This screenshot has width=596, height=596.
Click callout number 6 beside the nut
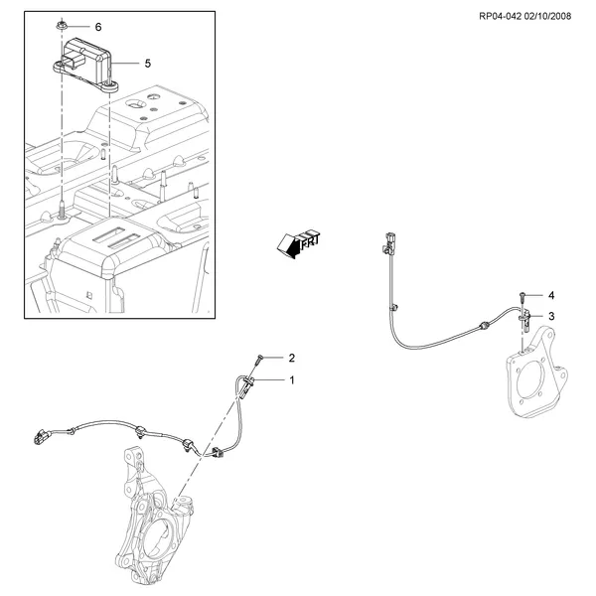pos(98,27)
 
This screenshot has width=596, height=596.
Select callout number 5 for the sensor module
pos(148,64)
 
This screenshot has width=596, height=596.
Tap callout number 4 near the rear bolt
pos(551,295)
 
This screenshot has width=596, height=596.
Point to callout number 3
pos(551,316)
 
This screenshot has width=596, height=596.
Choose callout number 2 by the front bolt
pos(291,358)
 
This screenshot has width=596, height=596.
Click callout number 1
pos(292,380)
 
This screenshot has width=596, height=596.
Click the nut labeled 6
pos(61,26)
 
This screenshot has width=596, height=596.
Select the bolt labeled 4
pos(522,298)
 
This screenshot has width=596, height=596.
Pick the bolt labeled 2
pos(259,360)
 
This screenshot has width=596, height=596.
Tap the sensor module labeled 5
pos(85,64)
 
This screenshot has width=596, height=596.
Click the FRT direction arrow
pos(298,243)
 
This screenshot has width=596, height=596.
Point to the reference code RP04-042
pos(500,16)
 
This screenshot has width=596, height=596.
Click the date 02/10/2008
pos(547,16)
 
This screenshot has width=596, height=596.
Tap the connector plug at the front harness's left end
pos(42,437)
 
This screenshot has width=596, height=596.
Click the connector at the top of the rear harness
pos(389,242)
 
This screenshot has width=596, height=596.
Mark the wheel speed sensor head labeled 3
pos(524,319)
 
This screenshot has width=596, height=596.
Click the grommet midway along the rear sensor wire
pos(484,326)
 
